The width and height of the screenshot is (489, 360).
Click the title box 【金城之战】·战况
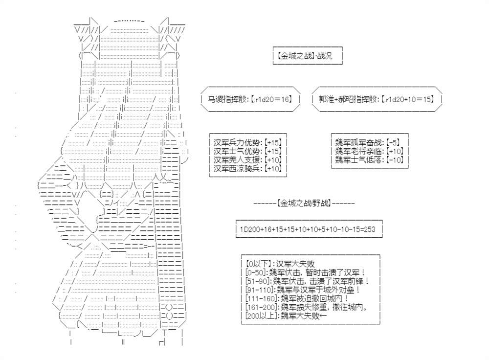(x=308, y=56)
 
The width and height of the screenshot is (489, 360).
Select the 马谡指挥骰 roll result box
(x=250, y=99)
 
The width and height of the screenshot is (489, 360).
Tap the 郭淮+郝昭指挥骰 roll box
(x=377, y=99)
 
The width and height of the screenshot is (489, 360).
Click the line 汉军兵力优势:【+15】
(x=247, y=142)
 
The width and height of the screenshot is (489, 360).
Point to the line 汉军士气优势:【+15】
(x=247, y=151)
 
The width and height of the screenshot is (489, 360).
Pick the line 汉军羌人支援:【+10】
(x=247, y=160)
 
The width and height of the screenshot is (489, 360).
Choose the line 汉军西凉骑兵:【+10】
(x=247, y=169)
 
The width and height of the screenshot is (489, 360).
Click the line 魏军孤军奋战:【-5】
(x=367, y=142)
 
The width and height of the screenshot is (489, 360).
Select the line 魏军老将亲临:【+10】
(x=369, y=151)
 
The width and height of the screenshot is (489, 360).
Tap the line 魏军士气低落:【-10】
(x=369, y=160)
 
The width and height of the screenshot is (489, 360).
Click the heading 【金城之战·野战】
(x=304, y=203)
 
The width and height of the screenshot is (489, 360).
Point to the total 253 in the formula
(x=370, y=229)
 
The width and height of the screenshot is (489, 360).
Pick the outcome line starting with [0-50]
(x=305, y=272)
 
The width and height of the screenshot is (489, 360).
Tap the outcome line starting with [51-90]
(x=307, y=281)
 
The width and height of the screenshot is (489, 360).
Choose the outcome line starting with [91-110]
(x=303, y=290)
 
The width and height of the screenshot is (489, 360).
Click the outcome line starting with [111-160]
(x=297, y=299)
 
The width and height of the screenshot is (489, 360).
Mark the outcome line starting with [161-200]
(x=307, y=308)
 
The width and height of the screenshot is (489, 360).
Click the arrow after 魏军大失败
(x=323, y=316)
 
